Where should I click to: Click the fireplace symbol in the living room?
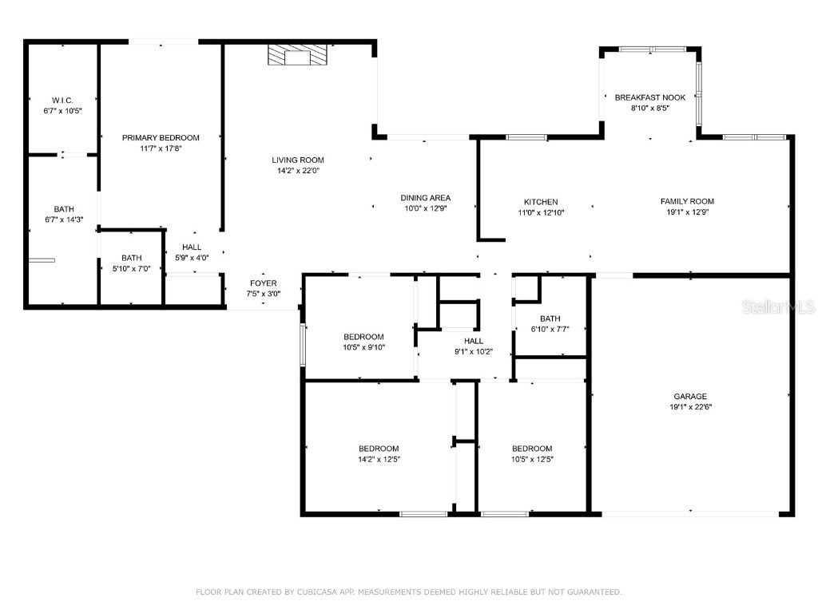click(297, 55)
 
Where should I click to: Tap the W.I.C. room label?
click(62, 100)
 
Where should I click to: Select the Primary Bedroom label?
click(161, 137)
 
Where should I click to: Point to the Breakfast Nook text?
click(650, 97)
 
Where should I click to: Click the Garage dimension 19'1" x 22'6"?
click(690, 407)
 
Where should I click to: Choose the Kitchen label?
click(541, 202)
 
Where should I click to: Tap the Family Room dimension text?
click(688, 212)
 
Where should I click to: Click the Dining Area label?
click(426, 198)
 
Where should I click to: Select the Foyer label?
click(264, 283)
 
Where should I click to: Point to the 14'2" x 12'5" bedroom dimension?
click(379, 459)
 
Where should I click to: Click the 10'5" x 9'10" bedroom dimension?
click(363, 347)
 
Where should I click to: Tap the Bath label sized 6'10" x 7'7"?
click(550, 318)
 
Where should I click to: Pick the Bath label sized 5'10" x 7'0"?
click(132, 258)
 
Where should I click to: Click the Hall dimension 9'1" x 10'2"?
click(474, 352)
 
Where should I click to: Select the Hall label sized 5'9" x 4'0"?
click(192, 247)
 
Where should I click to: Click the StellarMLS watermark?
click(778, 306)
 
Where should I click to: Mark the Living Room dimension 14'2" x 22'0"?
click(298, 171)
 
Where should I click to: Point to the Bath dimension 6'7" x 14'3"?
click(64, 220)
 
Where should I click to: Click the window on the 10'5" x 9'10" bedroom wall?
click(303, 345)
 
